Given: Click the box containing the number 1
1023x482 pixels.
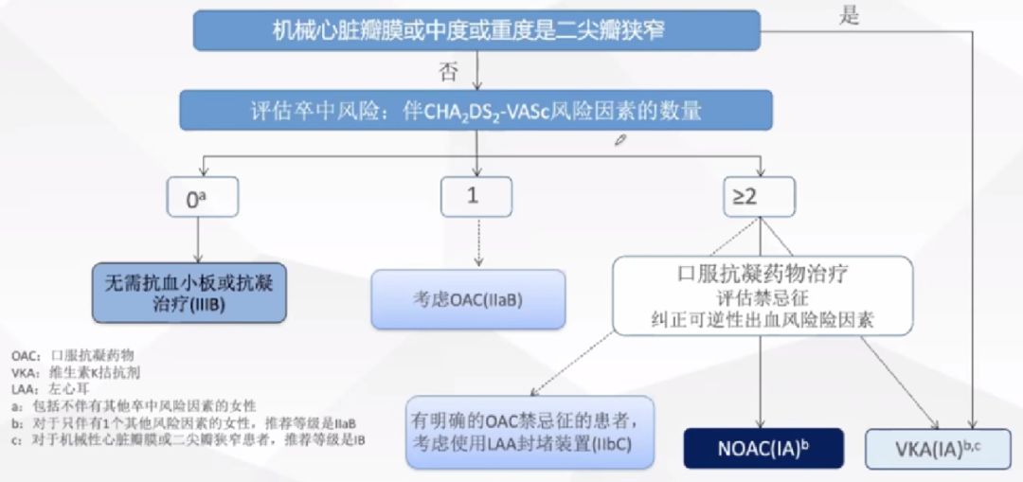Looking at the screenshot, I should coord(476,196).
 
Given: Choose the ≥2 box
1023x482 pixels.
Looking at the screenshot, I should coord(758,196).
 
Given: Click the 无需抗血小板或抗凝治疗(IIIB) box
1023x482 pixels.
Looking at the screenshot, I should coord(188,293).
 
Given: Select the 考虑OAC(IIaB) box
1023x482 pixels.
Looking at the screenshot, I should coord(468,299).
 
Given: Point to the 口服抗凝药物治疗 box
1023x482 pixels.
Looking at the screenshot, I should coord(763,295).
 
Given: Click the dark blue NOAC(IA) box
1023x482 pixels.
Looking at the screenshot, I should coord(763,448).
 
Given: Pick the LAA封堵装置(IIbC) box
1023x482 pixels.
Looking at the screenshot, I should coord(529,431).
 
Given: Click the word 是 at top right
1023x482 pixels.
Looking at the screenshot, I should coord(849,15).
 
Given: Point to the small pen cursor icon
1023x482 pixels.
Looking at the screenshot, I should coord(620,140).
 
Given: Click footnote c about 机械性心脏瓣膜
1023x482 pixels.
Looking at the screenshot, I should coord(188,440).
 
